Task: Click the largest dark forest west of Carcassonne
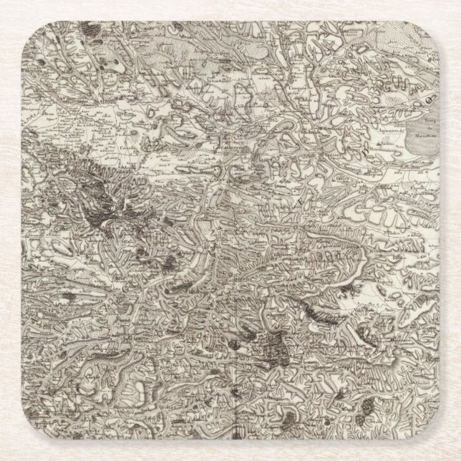pyautogui.click(x=107, y=200)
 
